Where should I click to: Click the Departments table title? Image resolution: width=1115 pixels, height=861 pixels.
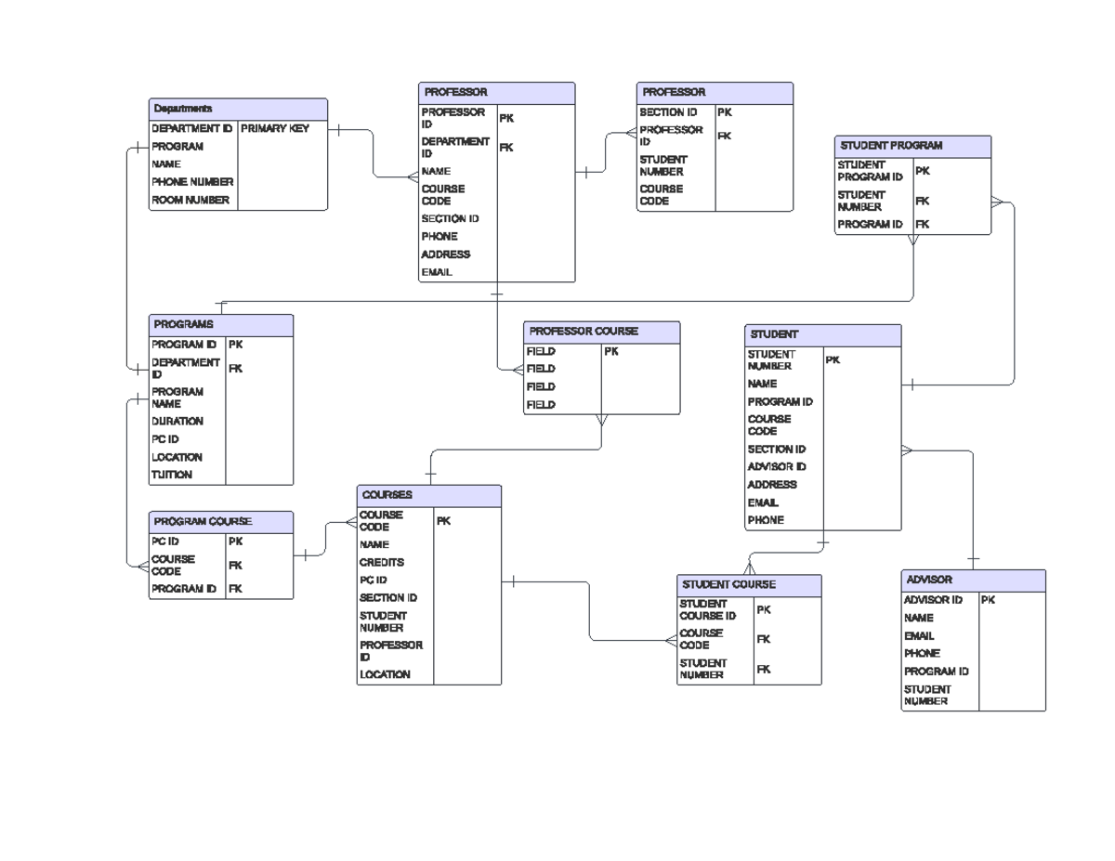pyautogui.click(x=183, y=110)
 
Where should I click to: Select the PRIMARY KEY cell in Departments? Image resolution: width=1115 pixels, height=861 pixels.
pyautogui.click(x=275, y=129)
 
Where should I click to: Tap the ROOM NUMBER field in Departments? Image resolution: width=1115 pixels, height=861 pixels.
pyautogui.click(x=190, y=201)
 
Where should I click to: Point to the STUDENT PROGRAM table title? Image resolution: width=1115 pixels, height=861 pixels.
pyautogui.click(x=891, y=146)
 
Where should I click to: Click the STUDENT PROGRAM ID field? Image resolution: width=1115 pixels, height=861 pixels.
pyautogui.click(x=870, y=171)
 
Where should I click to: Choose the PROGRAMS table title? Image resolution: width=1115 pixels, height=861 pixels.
pyautogui.click(x=184, y=325)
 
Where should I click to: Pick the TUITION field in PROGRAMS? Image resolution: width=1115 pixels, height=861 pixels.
pyautogui.click(x=172, y=475)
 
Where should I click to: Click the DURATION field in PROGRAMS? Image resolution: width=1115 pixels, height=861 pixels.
pyautogui.click(x=177, y=421)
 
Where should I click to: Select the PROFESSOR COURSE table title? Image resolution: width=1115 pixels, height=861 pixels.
pyautogui.click(x=584, y=332)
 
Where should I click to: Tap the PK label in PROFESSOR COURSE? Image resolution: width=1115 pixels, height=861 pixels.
pyautogui.click(x=611, y=352)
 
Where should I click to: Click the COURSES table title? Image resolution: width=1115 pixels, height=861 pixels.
pyautogui.click(x=387, y=496)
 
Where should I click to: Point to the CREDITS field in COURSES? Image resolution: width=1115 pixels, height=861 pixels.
pyautogui.click(x=382, y=563)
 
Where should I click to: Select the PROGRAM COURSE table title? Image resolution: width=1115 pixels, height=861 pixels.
pyautogui.click(x=203, y=522)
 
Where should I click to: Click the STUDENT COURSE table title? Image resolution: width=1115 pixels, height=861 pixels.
pyautogui.click(x=728, y=585)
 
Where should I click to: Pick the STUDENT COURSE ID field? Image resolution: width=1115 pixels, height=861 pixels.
pyautogui.click(x=707, y=610)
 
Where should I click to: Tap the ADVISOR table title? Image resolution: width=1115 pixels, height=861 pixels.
pyautogui.click(x=929, y=580)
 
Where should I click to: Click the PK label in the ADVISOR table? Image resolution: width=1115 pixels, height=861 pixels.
pyautogui.click(x=988, y=600)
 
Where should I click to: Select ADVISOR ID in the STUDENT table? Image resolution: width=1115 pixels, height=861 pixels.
pyautogui.click(x=777, y=467)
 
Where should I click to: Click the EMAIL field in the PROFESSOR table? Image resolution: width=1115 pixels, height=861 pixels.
pyautogui.click(x=437, y=272)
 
